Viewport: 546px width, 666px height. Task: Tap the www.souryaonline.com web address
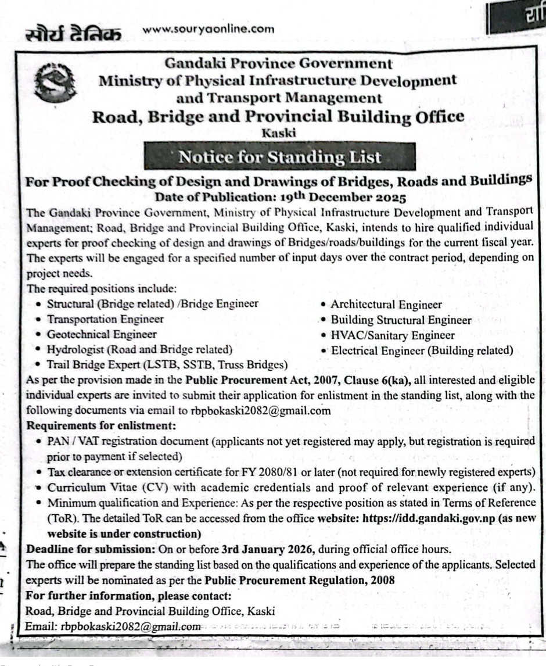[208, 30]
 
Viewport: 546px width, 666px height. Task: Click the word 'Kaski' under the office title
[279, 133]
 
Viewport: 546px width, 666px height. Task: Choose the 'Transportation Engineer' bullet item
[105, 319]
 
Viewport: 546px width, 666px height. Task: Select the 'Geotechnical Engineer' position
[102, 334]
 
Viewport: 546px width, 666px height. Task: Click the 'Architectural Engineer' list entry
[386, 305]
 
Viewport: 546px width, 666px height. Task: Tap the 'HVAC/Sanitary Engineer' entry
[393, 335]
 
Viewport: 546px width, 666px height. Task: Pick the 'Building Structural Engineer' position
[401, 320]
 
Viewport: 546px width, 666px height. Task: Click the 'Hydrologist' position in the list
[139, 350]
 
